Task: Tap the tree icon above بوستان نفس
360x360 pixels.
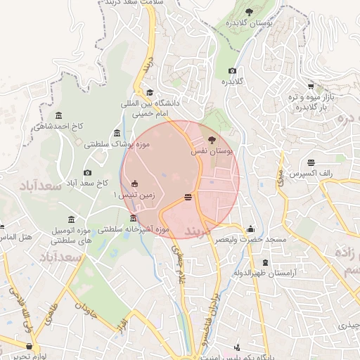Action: pos(212,140)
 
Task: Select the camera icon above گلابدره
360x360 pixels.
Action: pos(233,70)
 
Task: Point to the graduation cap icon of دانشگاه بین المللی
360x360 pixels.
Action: pos(149,92)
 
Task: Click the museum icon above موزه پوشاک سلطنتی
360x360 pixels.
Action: pos(117,134)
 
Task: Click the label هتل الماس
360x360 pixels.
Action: pos(14,238)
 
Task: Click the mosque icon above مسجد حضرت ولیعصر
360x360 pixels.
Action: pos(251,229)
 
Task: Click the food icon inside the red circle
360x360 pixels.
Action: pos(188,198)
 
